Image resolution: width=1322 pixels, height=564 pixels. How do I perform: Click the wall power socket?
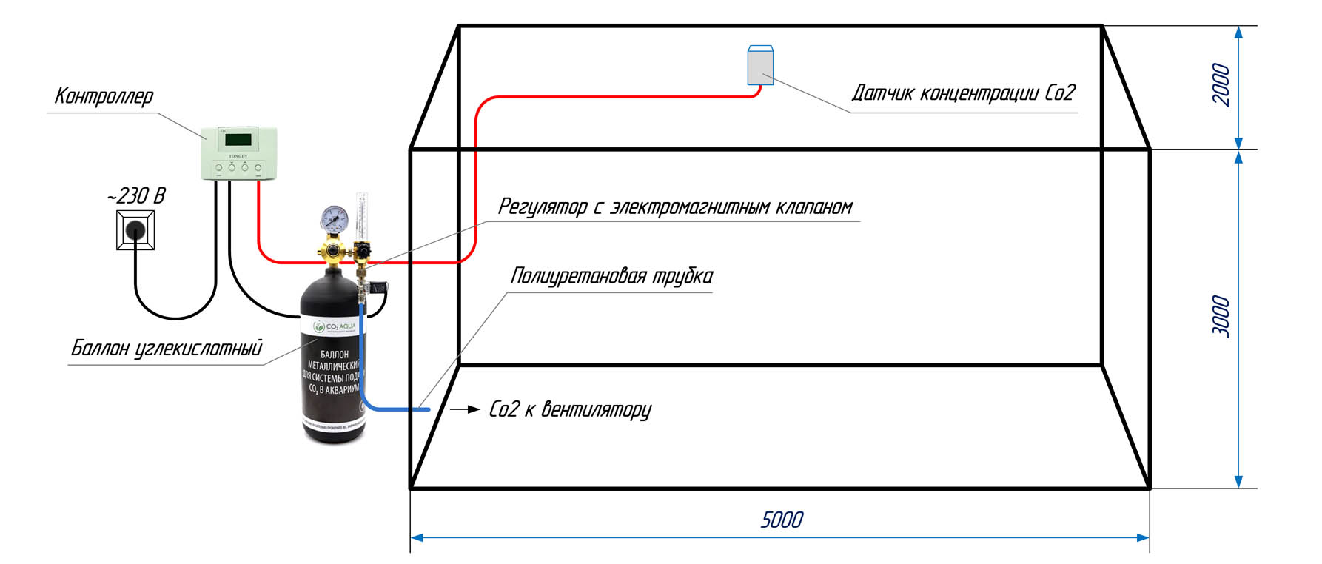pyautogui.click(x=135, y=229)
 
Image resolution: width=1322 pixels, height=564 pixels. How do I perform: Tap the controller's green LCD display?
pyautogui.click(x=239, y=140)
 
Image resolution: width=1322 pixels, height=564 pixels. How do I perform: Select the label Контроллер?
pyautogui.click(x=104, y=96)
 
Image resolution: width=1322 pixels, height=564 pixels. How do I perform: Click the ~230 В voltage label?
pyautogui.click(x=136, y=196)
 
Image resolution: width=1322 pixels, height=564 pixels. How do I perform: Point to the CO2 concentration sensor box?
pyautogui.click(x=760, y=66)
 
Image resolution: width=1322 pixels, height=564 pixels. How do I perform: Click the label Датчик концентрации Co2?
pyautogui.click(x=963, y=93)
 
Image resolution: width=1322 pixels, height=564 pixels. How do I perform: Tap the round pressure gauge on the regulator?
pyautogui.click(x=335, y=218)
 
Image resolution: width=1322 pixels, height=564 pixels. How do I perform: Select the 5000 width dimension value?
pyautogui.click(x=782, y=520)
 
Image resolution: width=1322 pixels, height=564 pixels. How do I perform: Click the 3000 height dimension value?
pyautogui.click(x=1221, y=317)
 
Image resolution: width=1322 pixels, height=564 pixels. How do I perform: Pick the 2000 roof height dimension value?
pyautogui.click(x=1221, y=85)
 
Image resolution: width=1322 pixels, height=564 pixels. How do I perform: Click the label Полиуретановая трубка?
pyautogui.click(x=611, y=276)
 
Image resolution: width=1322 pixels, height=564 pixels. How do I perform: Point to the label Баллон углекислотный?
pyautogui.click(x=167, y=348)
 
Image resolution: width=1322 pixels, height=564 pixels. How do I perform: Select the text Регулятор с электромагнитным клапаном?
pyautogui.click(x=675, y=207)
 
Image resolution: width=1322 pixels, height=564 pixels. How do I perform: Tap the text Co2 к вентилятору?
pyautogui.click(x=570, y=409)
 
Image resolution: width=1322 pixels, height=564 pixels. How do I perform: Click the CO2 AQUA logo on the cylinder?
pyautogui.click(x=335, y=326)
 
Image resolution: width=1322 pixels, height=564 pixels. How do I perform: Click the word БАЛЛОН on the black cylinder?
pyautogui.click(x=335, y=355)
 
